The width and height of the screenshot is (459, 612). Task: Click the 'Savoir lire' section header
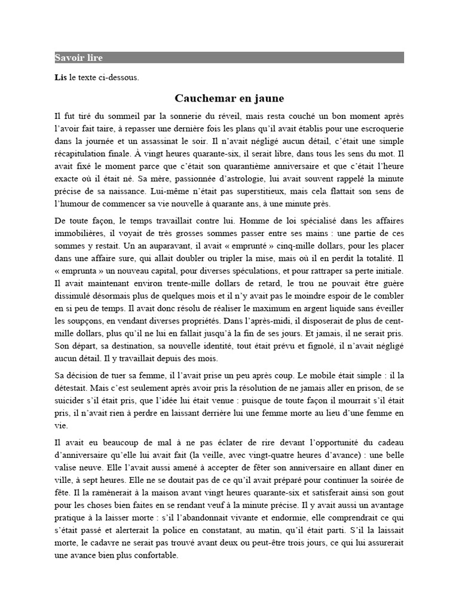pos(78,58)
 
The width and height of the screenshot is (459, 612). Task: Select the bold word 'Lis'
pos(60,77)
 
